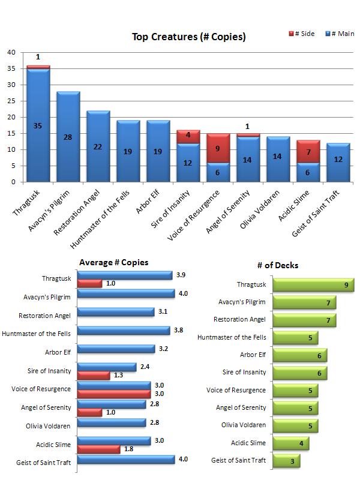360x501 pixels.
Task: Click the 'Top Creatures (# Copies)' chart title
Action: tap(188, 37)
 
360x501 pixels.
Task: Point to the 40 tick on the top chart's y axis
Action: tap(11, 52)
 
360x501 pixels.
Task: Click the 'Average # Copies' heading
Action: tap(113, 263)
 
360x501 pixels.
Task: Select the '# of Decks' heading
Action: tap(277, 265)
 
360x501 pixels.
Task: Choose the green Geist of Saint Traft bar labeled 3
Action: tap(286, 461)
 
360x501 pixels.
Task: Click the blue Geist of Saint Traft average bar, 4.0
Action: tap(126, 460)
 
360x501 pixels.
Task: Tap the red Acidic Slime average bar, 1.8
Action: tap(99, 449)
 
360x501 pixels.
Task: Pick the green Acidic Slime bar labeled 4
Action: tap(290, 443)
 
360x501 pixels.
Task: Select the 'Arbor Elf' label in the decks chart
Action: tap(253, 355)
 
